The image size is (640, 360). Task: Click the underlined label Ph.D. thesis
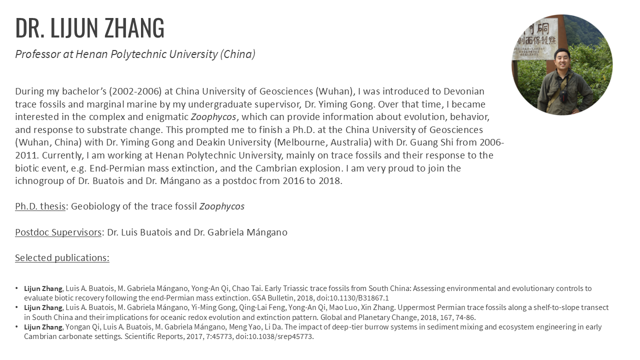[x=40, y=206]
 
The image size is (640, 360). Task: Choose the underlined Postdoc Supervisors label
[x=58, y=232]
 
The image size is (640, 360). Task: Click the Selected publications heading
[x=62, y=258]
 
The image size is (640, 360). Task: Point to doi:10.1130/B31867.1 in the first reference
[x=355, y=298]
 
